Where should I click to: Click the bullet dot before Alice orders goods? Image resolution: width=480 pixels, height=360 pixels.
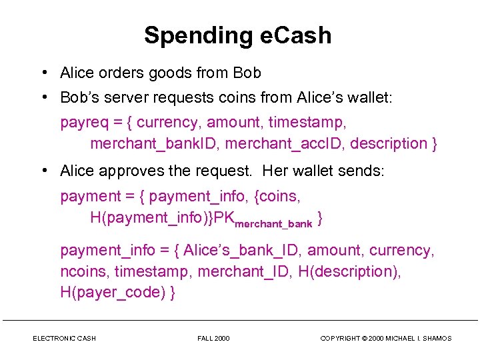[43, 73]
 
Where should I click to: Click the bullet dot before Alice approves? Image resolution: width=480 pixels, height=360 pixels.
[43, 171]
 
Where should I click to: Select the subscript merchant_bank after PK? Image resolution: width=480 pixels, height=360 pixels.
[273, 224]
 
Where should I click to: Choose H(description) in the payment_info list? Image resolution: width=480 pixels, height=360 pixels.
[339, 272]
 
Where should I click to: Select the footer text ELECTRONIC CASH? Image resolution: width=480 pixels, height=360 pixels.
[64, 339]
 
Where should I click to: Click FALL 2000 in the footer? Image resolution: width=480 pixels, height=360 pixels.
[213, 339]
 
